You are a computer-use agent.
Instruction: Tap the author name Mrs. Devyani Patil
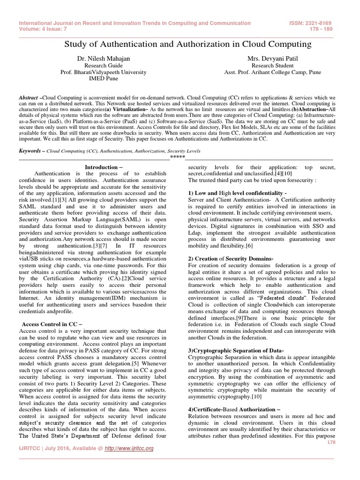tap(268, 58)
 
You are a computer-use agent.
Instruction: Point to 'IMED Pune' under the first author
tap(104, 79)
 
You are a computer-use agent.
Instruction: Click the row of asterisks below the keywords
tap(178, 157)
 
